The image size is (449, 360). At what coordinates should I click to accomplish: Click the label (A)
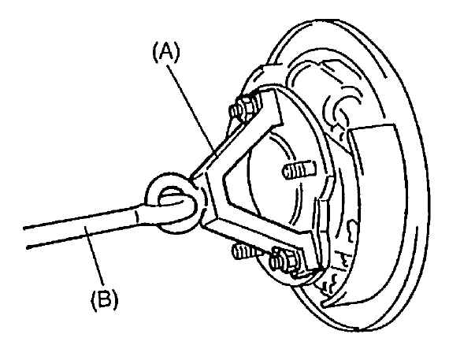166,53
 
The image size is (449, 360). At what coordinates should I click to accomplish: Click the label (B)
104,299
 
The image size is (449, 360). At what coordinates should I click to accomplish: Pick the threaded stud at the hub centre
299,169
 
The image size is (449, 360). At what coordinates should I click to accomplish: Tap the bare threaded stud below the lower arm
247,253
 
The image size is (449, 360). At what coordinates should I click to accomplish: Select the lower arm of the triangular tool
258,235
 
